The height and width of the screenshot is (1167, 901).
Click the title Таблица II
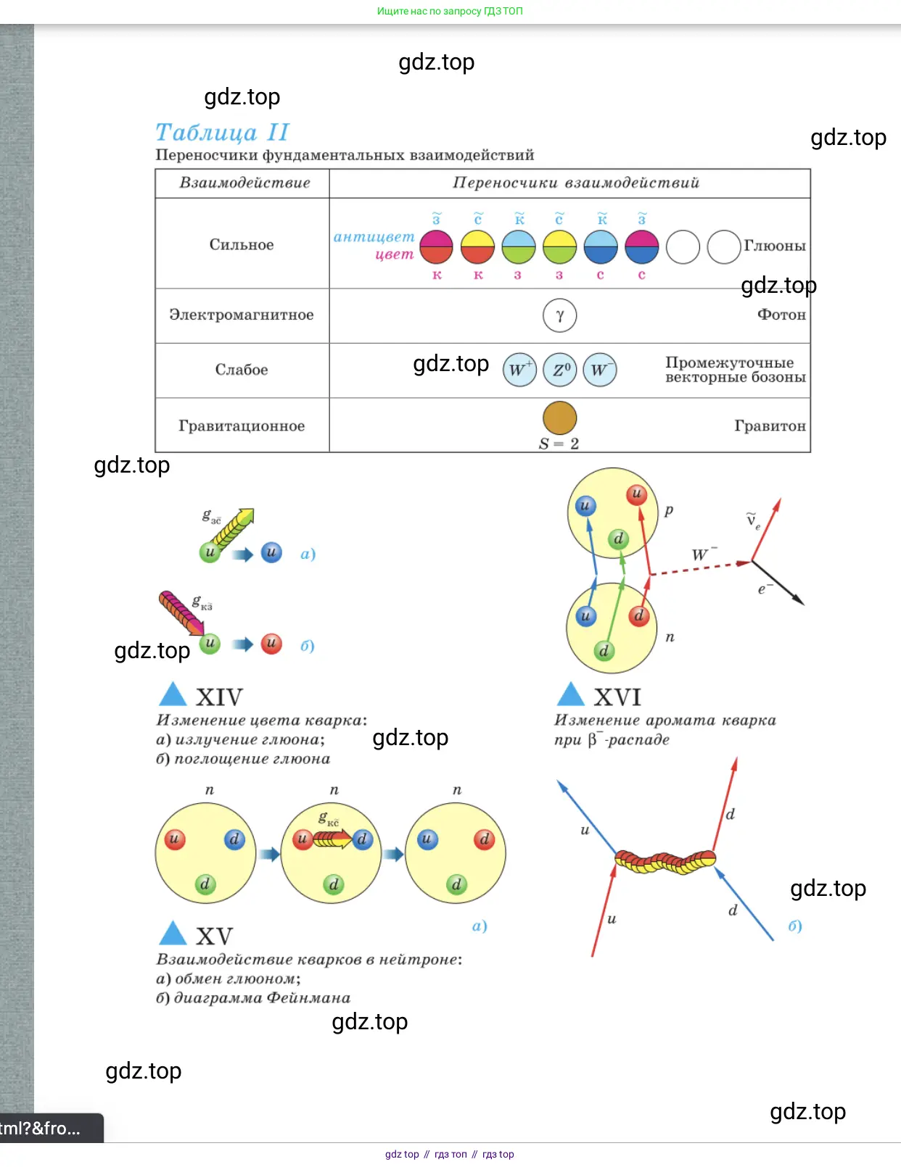[x=222, y=133]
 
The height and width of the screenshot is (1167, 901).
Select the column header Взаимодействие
[x=244, y=183]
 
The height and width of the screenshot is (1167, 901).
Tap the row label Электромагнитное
[x=242, y=315]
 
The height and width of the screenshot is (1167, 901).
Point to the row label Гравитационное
[x=242, y=425]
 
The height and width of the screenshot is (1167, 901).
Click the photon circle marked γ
[x=559, y=315]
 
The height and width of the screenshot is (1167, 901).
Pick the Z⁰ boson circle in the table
[x=560, y=370]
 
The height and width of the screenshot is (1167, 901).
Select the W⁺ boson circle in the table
[x=519, y=370]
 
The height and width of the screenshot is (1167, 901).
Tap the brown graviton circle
[x=559, y=418]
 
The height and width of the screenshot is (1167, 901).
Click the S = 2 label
[x=559, y=444]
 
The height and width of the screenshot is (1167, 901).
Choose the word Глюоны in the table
[x=774, y=246]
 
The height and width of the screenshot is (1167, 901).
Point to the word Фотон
[x=781, y=315]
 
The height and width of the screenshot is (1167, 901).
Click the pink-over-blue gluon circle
[x=641, y=247]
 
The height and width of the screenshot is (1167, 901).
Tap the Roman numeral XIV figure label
[x=219, y=697]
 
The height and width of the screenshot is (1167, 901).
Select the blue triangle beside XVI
[x=570, y=694]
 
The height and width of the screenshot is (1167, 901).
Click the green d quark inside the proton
[x=618, y=539]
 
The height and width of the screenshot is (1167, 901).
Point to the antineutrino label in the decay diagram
[x=753, y=520]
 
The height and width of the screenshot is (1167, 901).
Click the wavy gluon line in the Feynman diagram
[x=665, y=862]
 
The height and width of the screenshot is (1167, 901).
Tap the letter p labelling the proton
[x=669, y=510]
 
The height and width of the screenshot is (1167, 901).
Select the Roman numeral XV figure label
[x=214, y=936]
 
